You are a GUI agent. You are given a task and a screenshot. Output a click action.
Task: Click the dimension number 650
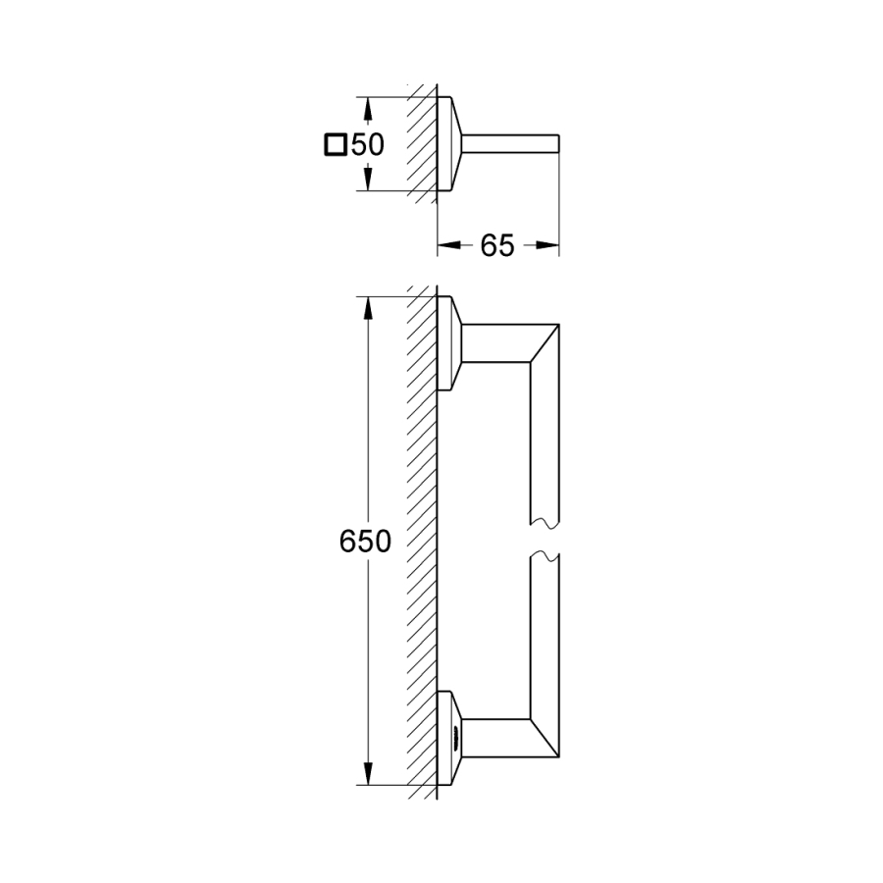[x=365, y=542]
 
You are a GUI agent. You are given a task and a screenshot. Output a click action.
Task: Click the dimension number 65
[x=497, y=245]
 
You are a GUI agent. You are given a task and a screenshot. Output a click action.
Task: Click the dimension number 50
[x=367, y=145]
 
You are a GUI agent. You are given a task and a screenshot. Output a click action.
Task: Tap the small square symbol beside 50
[x=336, y=144]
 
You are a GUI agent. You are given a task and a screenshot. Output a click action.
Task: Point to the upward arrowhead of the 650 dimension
[x=368, y=310]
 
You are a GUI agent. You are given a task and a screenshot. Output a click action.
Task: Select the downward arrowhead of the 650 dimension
[x=368, y=774]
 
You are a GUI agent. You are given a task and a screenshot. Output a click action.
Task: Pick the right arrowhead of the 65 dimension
[x=546, y=245]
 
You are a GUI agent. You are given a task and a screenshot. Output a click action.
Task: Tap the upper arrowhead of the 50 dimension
[x=368, y=110]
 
